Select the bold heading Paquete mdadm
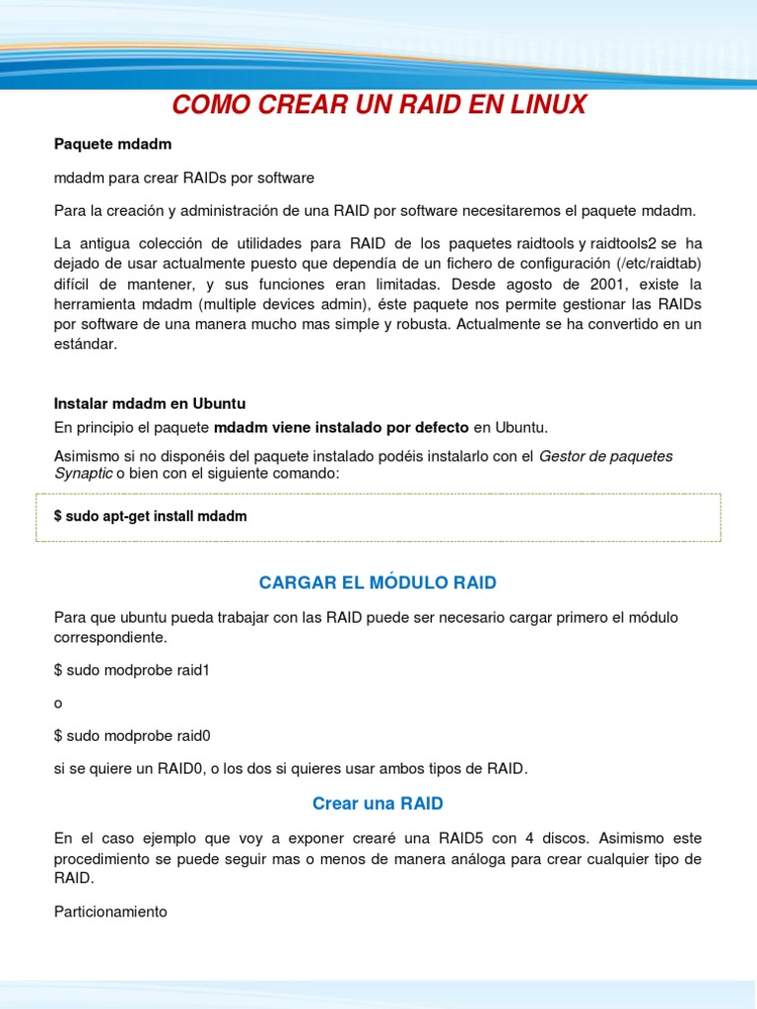pos(112,145)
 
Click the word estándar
pos(86,344)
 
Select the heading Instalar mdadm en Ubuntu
pos(150,404)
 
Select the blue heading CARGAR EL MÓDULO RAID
pos(378,582)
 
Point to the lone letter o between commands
pos(58,704)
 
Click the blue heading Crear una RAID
pos(378,803)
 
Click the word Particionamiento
pos(110,911)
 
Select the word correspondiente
pos(110,638)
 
